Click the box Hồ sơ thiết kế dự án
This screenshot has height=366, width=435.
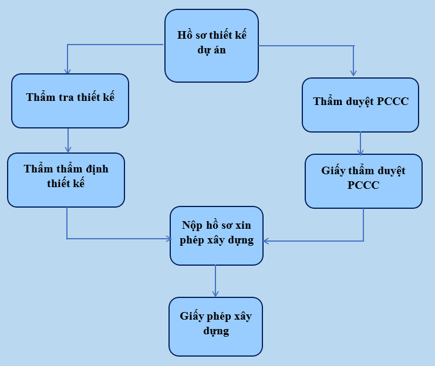point(211,45)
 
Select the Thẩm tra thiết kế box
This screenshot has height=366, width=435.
point(70,100)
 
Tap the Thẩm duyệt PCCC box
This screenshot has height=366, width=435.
point(360,104)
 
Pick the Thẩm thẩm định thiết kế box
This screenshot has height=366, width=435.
point(66,179)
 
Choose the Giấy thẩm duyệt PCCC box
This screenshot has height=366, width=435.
point(363,181)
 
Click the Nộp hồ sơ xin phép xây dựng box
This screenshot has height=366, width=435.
point(217,235)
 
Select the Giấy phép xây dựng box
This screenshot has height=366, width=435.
point(215,326)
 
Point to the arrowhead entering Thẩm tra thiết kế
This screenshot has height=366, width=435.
point(68,71)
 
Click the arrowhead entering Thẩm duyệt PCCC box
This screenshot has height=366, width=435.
point(353,73)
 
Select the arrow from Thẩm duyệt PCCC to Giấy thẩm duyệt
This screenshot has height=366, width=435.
point(360,143)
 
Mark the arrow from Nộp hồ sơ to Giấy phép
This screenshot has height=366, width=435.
point(215,281)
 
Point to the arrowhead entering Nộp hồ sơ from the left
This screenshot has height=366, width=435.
point(166,239)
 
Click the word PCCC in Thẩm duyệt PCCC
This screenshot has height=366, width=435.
point(393,101)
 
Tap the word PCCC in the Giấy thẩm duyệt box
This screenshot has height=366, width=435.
point(363,185)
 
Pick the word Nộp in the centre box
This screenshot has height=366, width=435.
point(193,225)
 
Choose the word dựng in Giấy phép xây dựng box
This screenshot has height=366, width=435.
point(215,331)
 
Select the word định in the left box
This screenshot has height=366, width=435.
point(96,169)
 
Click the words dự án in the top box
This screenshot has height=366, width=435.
point(212,50)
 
